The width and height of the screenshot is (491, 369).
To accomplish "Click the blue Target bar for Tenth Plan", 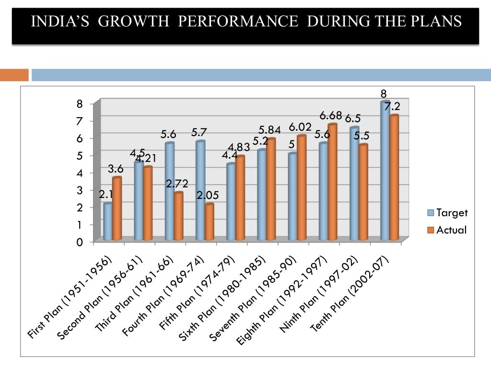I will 385,171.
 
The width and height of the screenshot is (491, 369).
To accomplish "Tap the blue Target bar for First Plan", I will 108,221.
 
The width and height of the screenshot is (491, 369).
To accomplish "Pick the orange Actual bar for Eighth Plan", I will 332,182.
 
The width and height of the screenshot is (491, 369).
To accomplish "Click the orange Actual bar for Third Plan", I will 178,216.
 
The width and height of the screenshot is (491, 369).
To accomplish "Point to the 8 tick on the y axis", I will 80,104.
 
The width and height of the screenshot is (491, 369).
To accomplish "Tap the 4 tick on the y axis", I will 80,173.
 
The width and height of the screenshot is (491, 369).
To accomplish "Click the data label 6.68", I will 331,116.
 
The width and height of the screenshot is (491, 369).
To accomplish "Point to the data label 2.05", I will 208,196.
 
